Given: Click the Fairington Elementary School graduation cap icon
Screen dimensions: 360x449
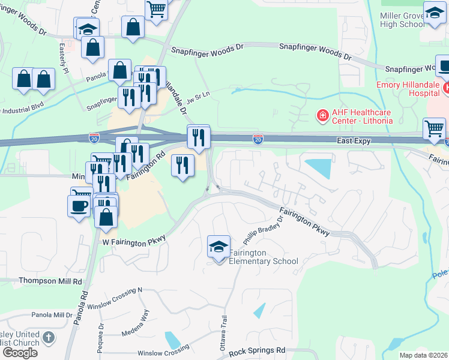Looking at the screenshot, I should (x=218, y=246).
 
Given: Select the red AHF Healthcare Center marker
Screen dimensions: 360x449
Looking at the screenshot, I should (x=322, y=114).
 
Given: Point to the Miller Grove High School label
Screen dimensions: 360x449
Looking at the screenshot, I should (x=411, y=20).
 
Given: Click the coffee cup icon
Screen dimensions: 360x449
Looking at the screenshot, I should (x=78, y=206).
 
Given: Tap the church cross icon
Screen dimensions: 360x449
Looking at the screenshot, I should (x=49, y=338).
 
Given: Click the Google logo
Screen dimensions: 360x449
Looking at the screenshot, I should (x=20, y=352).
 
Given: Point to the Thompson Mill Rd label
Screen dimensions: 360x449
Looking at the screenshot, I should (x=50, y=281).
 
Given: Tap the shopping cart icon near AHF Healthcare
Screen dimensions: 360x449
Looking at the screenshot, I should (x=434, y=127).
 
